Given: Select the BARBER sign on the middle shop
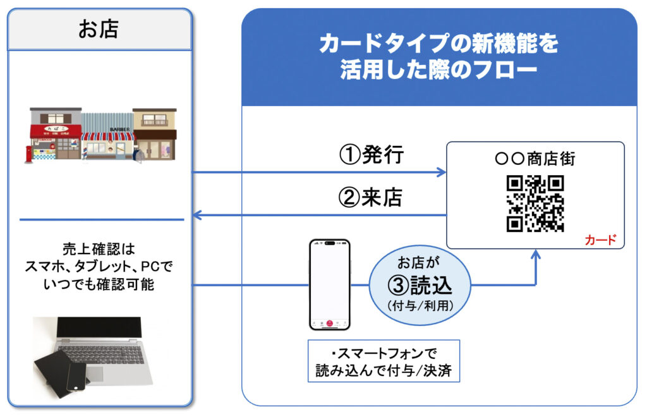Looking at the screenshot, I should pyautogui.click(x=119, y=129).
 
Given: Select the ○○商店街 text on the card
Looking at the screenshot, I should pyautogui.click(x=535, y=159).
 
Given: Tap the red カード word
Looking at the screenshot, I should pyautogui.click(x=601, y=241).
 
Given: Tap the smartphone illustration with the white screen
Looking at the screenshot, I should pyautogui.click(x=329, y=284).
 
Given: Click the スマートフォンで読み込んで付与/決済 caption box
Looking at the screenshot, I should pyautogui.click(x=384, y=361).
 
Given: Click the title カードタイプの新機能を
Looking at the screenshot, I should pyautogui.click(x=438, y=44).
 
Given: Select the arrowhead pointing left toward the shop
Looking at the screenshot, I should pyautogui.click(x=196, y=216).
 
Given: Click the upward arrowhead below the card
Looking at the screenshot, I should pyautogui.click(x=536, y=255).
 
